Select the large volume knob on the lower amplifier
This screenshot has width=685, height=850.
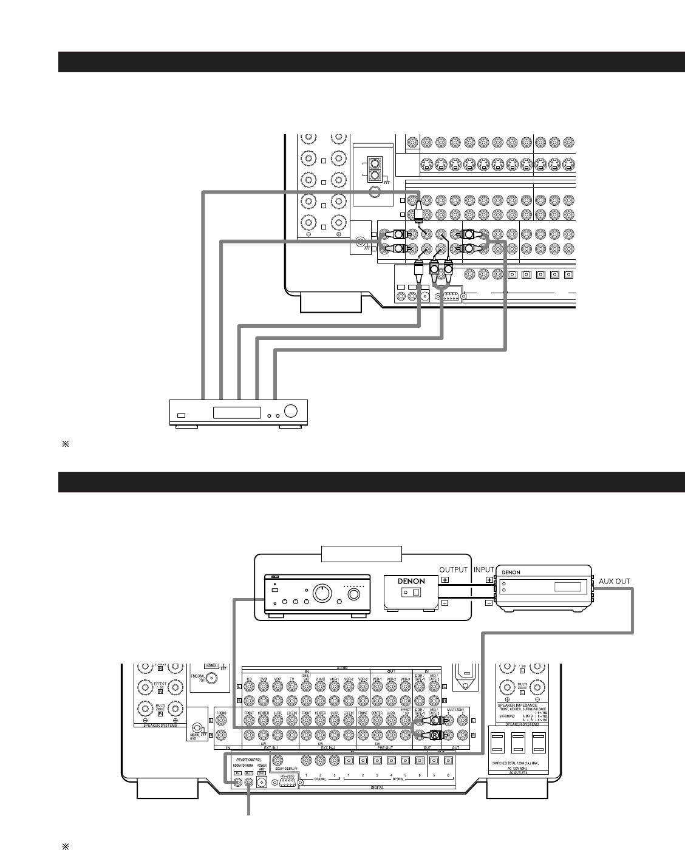(322, 591)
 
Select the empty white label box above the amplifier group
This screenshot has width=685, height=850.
(361, 553)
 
